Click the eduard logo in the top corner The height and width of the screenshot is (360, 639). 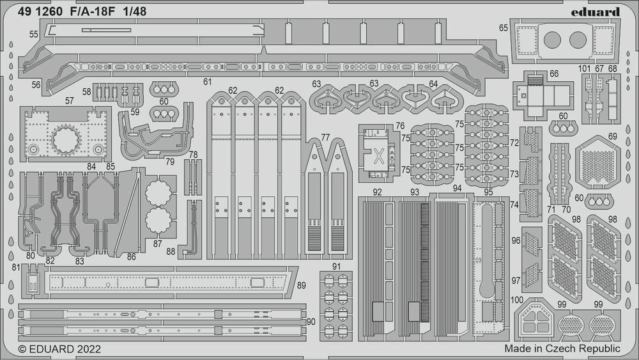(596, 12)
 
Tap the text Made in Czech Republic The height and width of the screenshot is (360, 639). (562, 348)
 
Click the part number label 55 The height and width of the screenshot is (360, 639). (33, 33)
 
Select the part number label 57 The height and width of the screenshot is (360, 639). (69, 100)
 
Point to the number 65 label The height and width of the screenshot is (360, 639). (504, 27)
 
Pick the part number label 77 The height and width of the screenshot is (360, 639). (325, 137)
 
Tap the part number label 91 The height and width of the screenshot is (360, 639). (336, 266)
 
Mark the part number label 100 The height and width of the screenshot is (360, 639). (518, 299)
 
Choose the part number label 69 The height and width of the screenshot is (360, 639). (613, 136)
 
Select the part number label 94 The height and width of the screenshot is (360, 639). (456, 189)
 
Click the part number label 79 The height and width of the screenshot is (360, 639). (169, 161)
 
